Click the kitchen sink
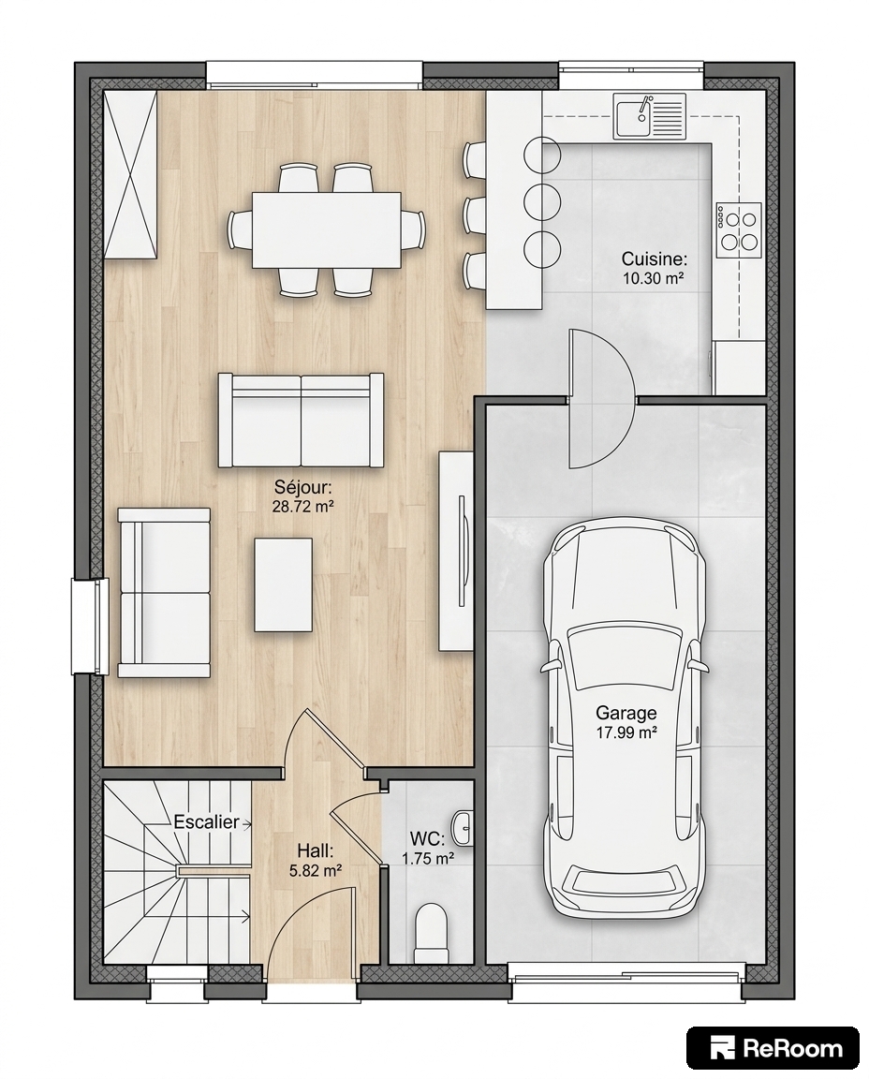click(x=650, y=114)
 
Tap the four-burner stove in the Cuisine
click(x=738, y=229)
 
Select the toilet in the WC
click(x=431, y=934)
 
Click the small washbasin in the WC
click(x=463, y=826)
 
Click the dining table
click(x=326, y=229)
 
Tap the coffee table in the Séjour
click(x=283, y=584)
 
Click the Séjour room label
click(x=302, y=488)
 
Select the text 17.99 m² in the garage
click(x=626, y=732)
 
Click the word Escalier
click(x=206, y=821)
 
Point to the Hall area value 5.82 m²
click(x=316, y=870)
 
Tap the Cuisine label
click(x=654, y=259)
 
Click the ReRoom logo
click(x=773, y=1048)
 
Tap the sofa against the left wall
click(x=164, y=593)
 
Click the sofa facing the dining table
click(x=301, y=421)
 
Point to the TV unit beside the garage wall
click(x=456, y=551)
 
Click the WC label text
click(x=427, y=839)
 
